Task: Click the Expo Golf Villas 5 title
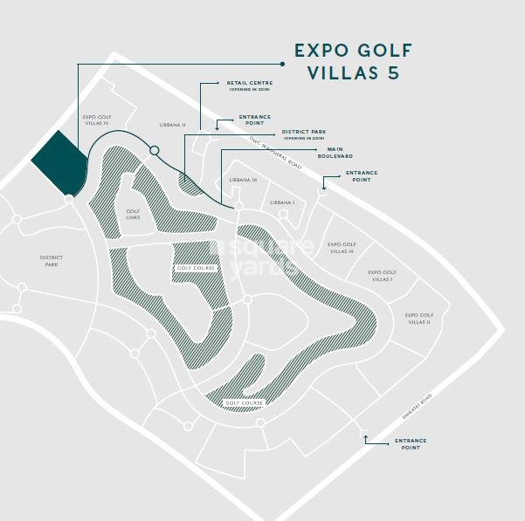(x=353, y=61)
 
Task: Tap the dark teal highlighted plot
(x=59, y=164)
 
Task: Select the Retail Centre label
(x=250, y=86)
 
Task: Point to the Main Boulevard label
(x=334, y=153)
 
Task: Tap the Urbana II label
(x=172, y=125)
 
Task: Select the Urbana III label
(x=244, y=180)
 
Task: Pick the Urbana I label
(x=282, y=202)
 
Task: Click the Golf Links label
(x=133, y=214)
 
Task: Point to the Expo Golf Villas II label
(x=419, y=318)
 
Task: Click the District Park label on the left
(x=50, y=260)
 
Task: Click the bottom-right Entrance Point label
(x=411, y=444)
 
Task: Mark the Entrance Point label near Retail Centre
(x=254, y=120)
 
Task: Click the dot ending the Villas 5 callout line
(x=283, y=63)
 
